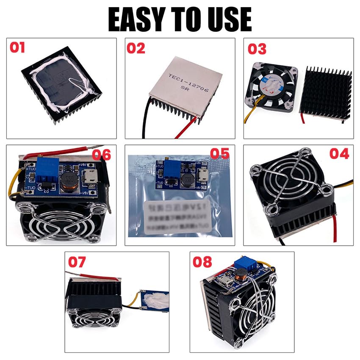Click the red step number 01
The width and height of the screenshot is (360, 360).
17,47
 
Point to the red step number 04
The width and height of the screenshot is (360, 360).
339,153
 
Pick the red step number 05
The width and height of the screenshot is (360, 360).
220,153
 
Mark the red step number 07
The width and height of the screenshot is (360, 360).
77,262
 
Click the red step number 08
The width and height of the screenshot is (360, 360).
202,262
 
